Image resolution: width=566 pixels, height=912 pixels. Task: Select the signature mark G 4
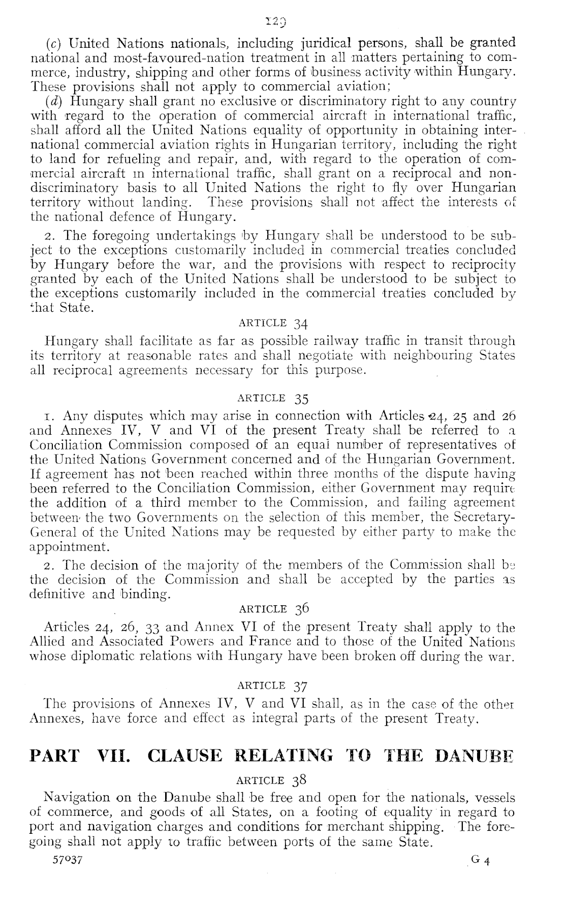[480, 859]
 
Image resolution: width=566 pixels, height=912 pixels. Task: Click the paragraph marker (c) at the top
[53, 42]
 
